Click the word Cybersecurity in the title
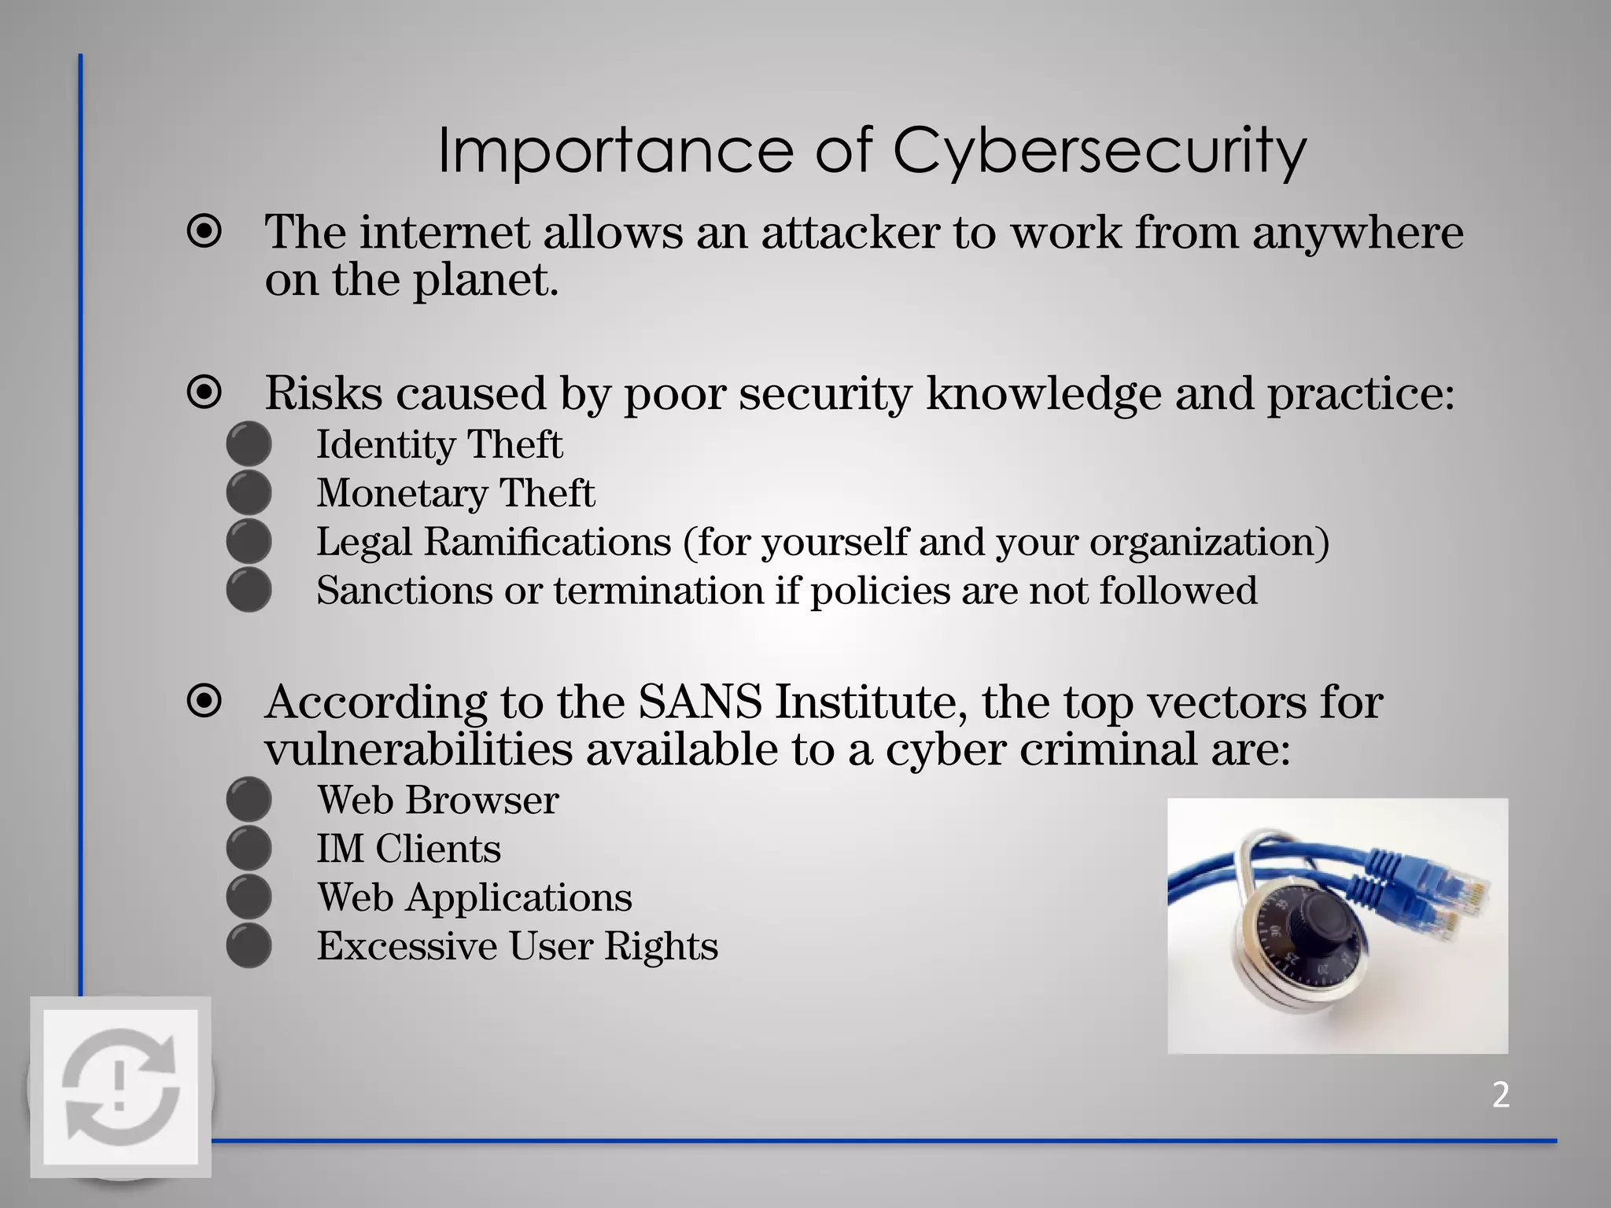coord(1099,151)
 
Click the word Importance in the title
coord(615,151)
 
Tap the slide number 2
coord(1500,1095)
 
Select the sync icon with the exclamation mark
coord(120,1087)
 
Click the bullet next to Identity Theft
coord(249,444)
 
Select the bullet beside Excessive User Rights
coord(249,946)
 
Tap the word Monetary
coord(402,494)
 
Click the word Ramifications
coord(547,542)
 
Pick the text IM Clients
coord(408,849)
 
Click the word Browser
coord(482,801)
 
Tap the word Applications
coord(518,898)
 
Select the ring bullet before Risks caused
coord(205,392)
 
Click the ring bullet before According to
coord(205,701)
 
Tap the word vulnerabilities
coord(418,749)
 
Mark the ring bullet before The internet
coord(205,232)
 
